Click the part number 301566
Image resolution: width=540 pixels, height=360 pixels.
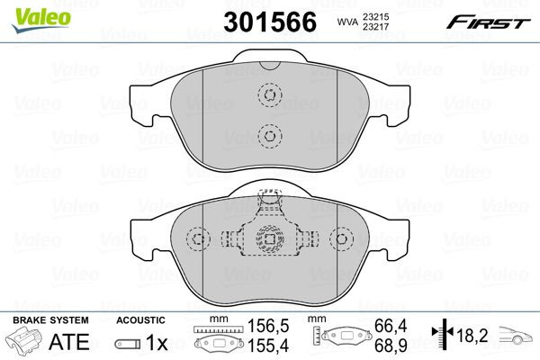pos(270,22)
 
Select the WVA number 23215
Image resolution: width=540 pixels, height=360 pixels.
pos(375,16)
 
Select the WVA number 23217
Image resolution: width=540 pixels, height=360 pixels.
pos(375,26)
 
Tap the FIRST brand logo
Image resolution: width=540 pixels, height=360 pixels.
pos(489,22)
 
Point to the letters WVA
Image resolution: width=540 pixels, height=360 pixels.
pos(347,22)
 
